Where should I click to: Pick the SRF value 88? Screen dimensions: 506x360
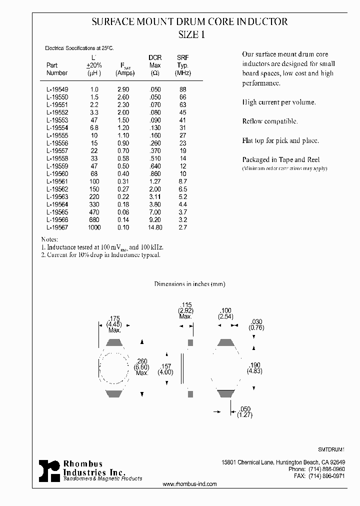tap(182, 89)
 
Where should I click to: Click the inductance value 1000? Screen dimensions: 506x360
tap(94, 227)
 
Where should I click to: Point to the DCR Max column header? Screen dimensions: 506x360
tap(155, 65)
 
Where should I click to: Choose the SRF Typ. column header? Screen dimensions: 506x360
tap(182, 65)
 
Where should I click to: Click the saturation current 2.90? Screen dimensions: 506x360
tap(122, 89)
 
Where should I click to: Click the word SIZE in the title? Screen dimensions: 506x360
tap(187, 35)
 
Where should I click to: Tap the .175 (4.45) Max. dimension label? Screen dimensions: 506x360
tap(115, 324)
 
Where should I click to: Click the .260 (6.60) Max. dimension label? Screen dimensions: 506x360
tap(142, 366)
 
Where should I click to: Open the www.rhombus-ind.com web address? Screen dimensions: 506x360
tap(190, 484)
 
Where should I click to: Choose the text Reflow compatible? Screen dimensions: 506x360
tap(270, 121)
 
